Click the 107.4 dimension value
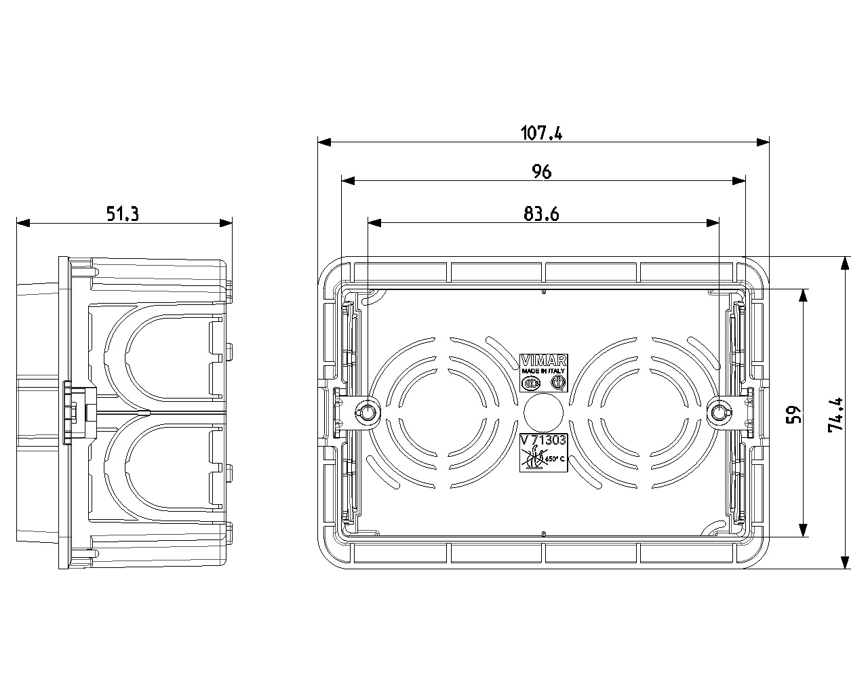541,133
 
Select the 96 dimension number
541,172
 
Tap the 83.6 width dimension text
541,214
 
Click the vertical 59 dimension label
794,414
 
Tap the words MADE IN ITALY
543,371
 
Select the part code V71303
543,441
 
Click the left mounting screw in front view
367,411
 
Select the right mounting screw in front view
719,411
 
